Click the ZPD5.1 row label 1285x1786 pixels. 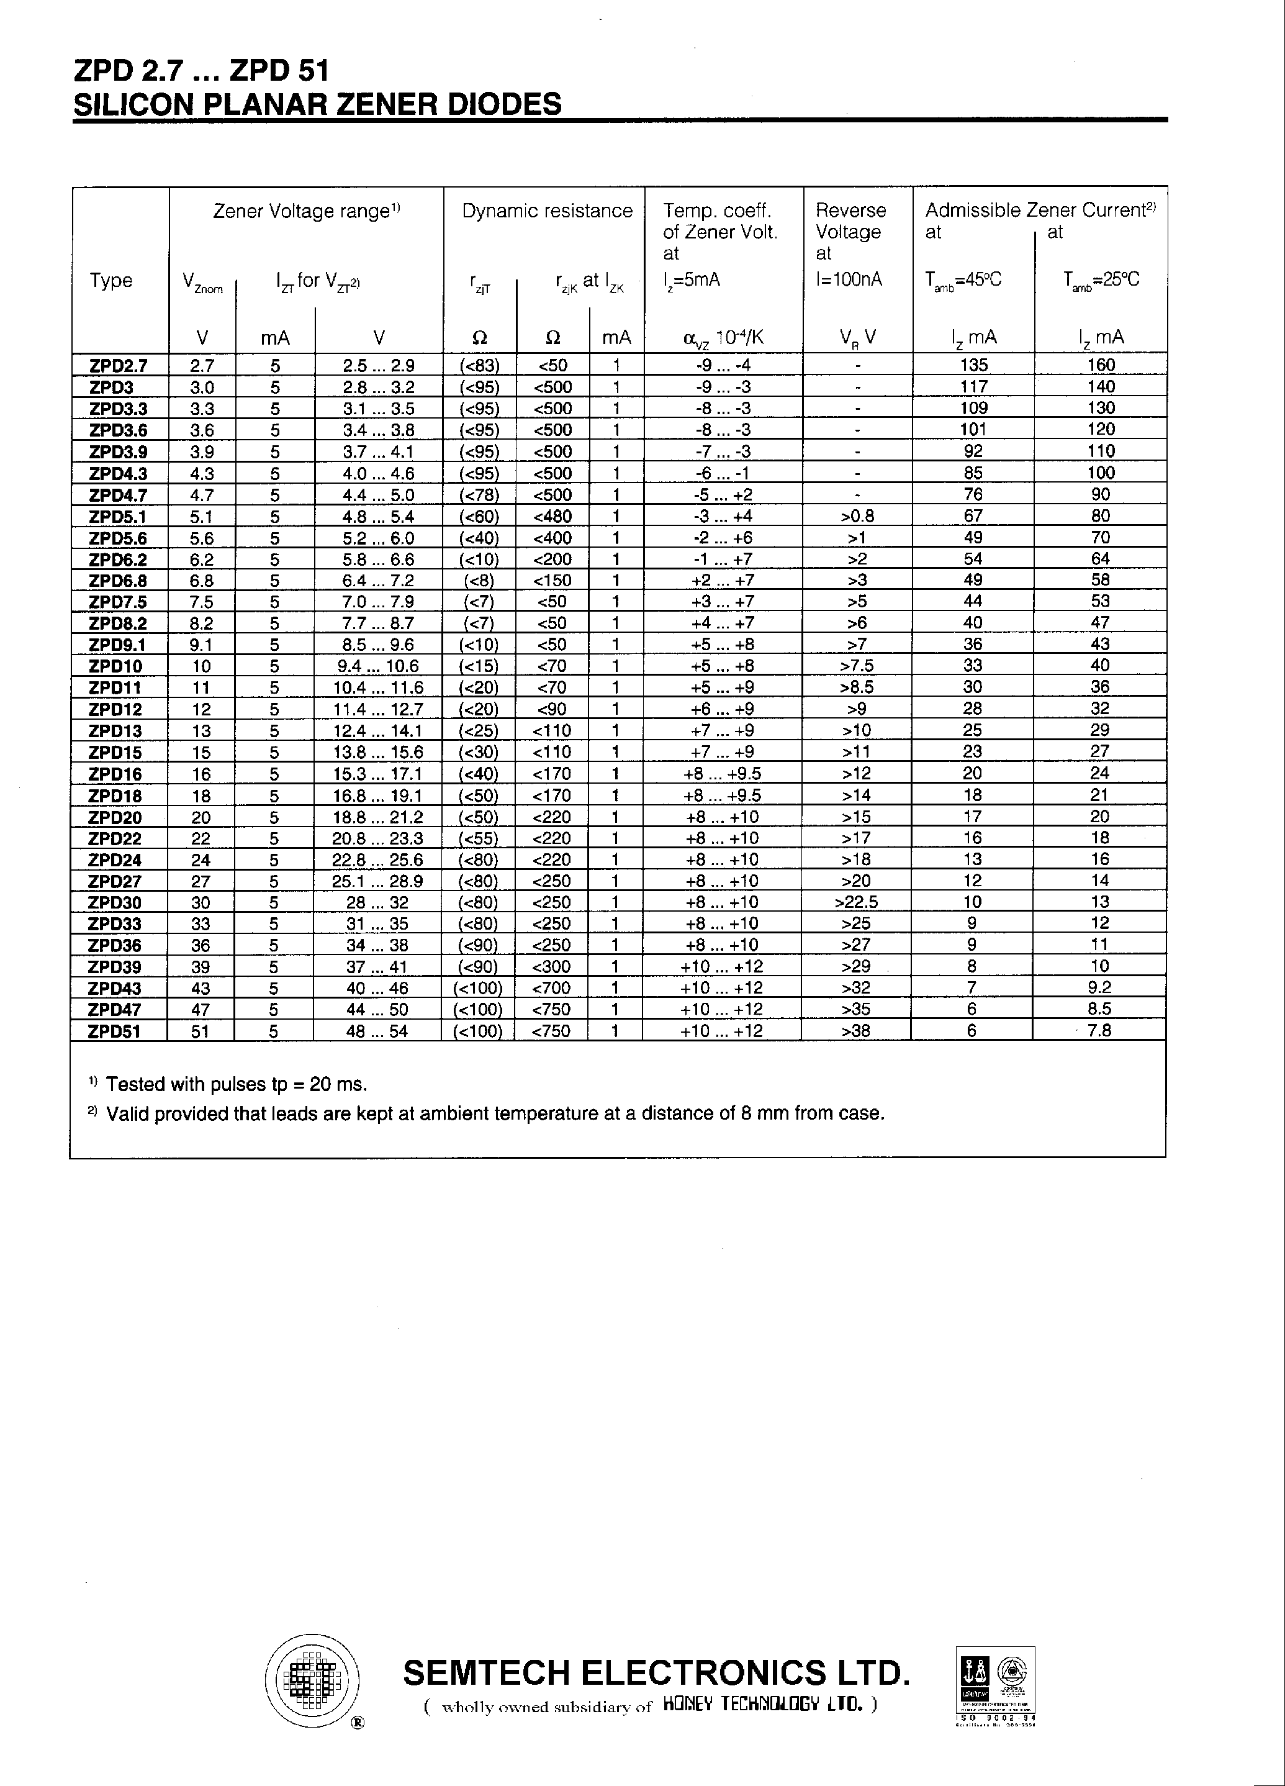point(118,517)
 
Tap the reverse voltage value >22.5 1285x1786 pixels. point(856,902)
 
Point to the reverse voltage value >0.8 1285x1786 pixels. point(857,516)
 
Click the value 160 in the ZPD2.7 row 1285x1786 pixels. point(1101,365)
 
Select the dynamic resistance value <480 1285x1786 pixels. point(552,517)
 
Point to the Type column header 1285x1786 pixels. point(111,280)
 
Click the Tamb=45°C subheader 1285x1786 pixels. point(963,280)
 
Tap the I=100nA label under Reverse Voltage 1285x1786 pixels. point(849,279)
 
